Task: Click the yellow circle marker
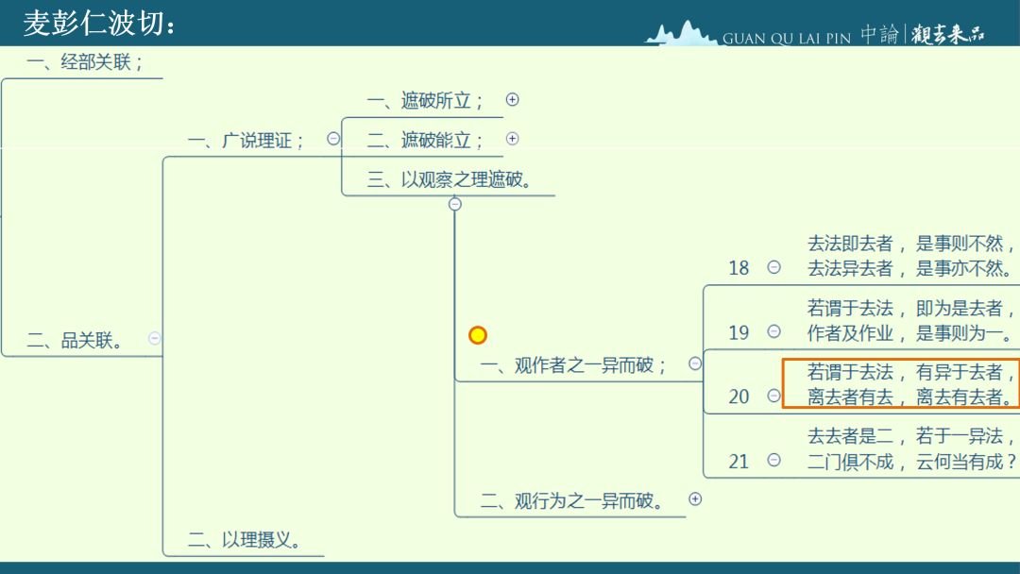(x=478, y=335)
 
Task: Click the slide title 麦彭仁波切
(x=98, y=24)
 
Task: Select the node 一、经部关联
(x=85, y=61)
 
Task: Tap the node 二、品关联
(x=75, y=340)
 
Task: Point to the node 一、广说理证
(x=246, y=141)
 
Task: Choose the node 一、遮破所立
(x=425, y=101)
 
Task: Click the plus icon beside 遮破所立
(x=513, y=99)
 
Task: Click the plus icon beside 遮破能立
(x=513, y=139)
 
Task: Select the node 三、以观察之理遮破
(x=450, y=179)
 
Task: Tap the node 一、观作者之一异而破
(x=573, y=365)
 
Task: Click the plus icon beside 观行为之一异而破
(x=695, y=499)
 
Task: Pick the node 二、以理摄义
(x=244, y=540)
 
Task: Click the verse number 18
(x=739, y=268)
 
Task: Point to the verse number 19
(x=739, y=333)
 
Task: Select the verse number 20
(x=739, y=397)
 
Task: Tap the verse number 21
(x=739, y=462)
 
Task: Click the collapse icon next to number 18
(x=774, y=267)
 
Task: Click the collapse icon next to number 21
(x=774, y=461)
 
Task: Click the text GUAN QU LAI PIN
(x=787, y=39)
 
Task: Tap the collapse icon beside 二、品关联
(x=154, y=338)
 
